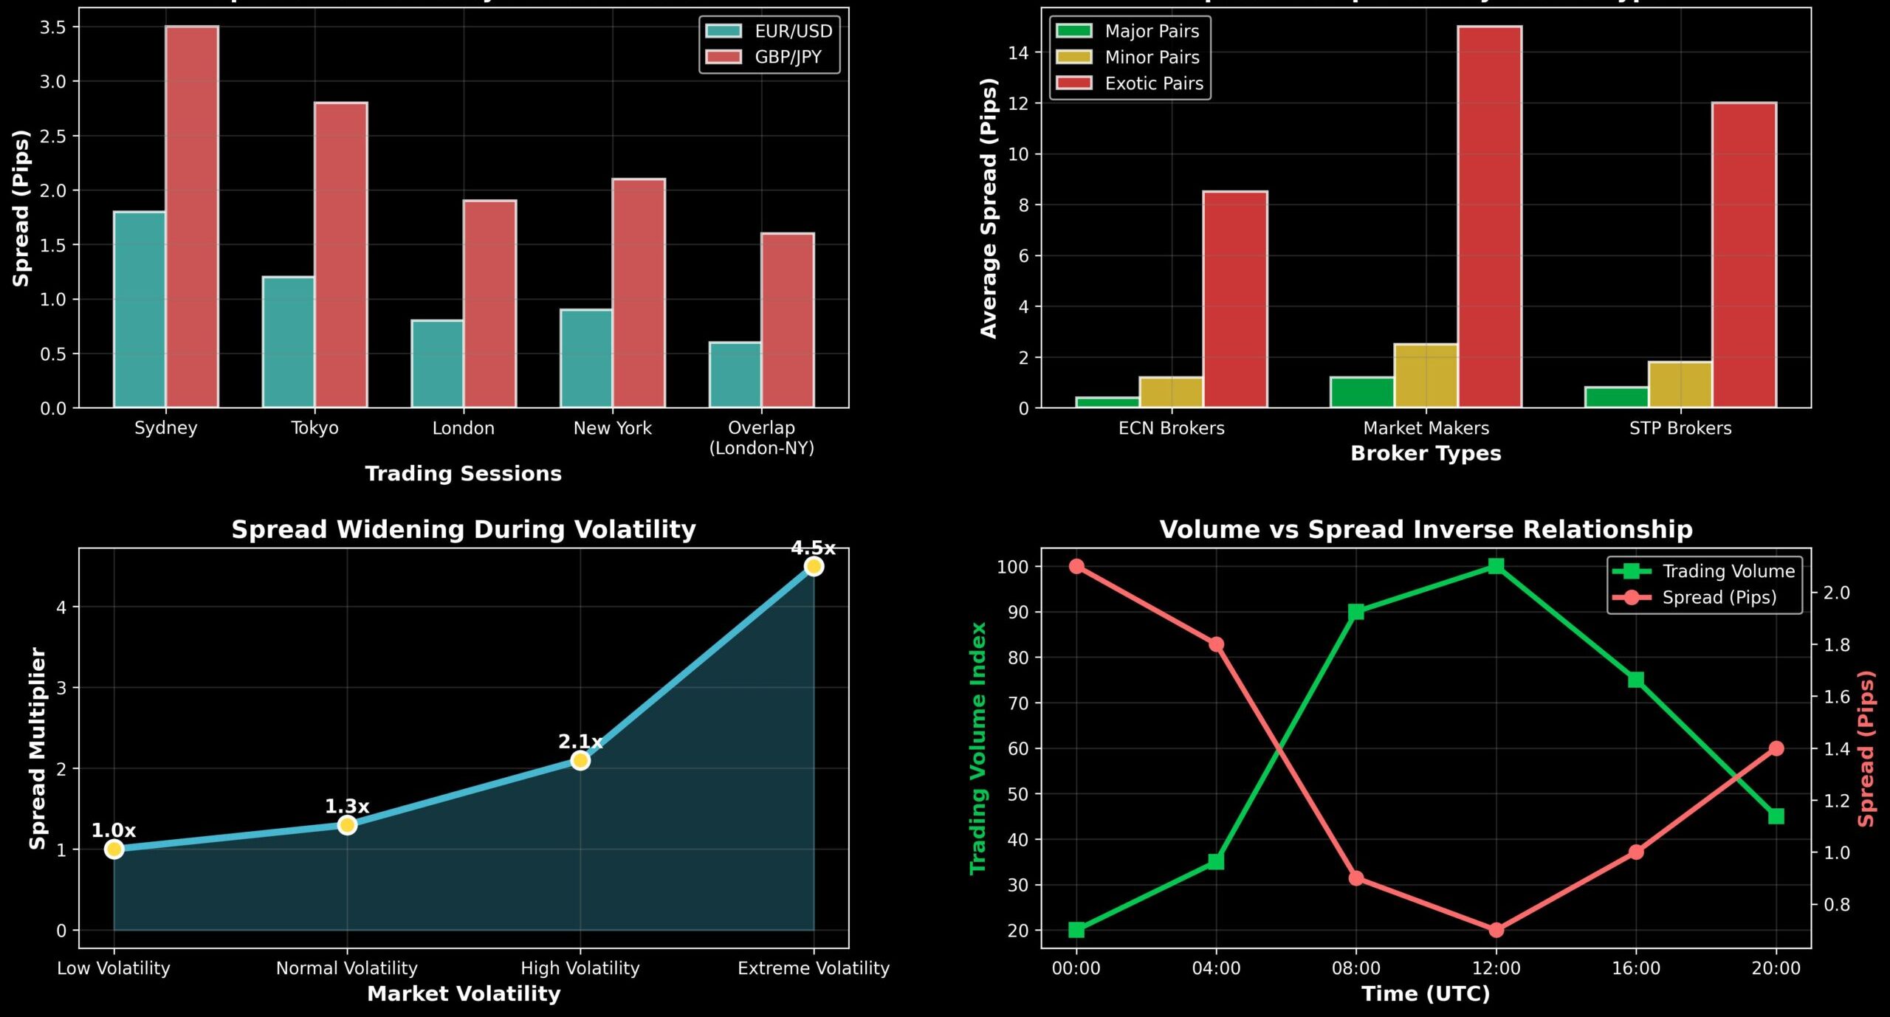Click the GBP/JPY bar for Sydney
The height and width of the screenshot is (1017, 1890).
(192, 217)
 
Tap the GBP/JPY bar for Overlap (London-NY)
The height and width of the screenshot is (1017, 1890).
(788, 320)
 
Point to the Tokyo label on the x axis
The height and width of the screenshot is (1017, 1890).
(315, 428)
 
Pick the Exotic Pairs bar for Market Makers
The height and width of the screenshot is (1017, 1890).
(1489, 217)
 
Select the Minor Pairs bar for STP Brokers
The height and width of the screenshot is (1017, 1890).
(1680, 385)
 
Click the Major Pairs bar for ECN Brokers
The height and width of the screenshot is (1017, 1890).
(1107, 402)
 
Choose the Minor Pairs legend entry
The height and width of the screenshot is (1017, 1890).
(1152, 58)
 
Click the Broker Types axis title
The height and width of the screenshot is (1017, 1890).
(1426, 453)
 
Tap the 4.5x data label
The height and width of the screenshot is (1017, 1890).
(813, 548)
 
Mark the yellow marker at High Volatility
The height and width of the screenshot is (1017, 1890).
(580, 760)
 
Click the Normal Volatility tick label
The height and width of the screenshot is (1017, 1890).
(346, 968)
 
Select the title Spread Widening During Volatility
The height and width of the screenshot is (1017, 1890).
(464, 530)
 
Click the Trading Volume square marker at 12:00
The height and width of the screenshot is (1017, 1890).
(1496, 566)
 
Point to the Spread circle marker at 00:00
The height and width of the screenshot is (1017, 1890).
(1076, 566)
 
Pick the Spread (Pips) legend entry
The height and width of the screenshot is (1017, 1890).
(1719, 597)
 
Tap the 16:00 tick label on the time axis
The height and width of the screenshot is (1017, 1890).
(1635, 968)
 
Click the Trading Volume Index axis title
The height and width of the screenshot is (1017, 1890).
(978, 748)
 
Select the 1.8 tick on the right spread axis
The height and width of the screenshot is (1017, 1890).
(1837, 645)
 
